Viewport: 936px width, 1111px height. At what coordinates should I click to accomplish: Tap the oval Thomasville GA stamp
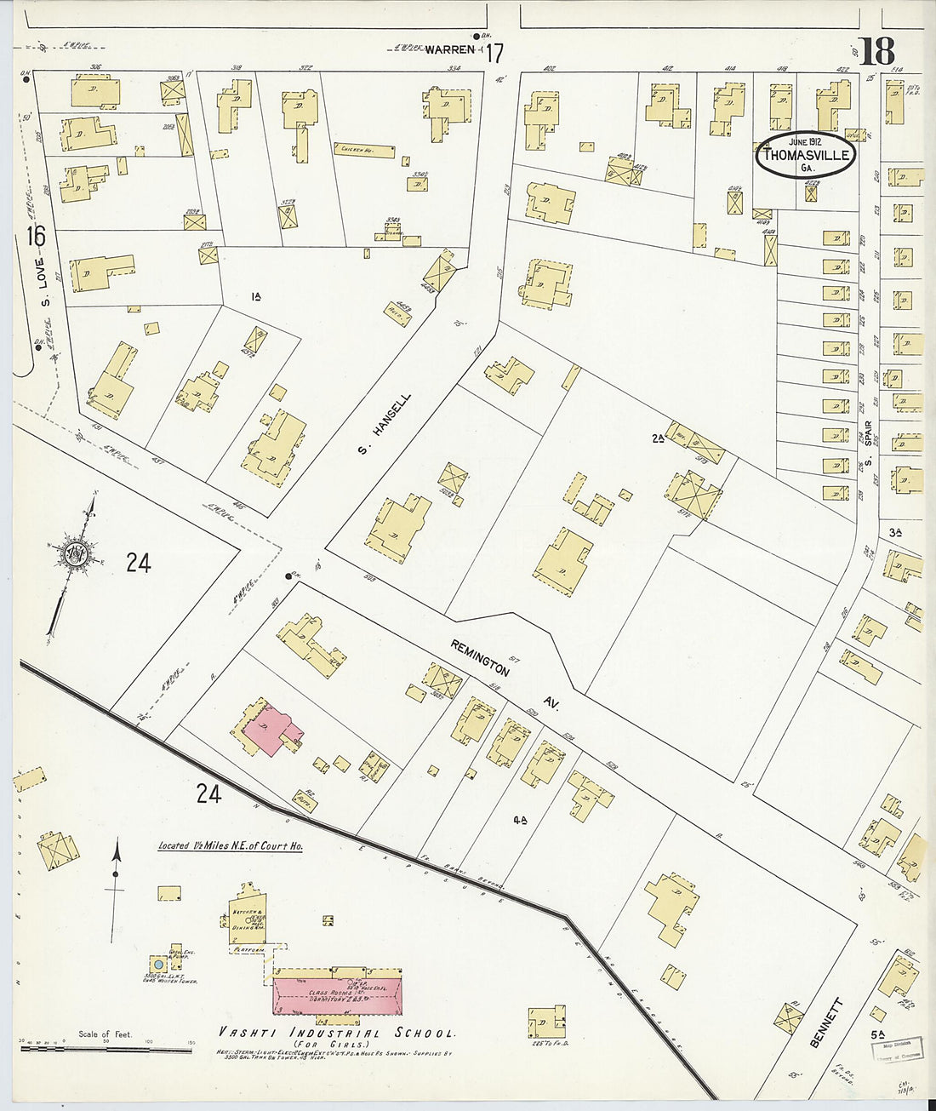[x=806, y=155]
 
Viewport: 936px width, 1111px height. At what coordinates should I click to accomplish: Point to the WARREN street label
[x=449, y=49]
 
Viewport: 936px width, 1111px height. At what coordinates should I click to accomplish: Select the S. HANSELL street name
[x=385, y=423]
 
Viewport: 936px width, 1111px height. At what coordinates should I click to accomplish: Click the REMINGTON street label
[x=481, y=659]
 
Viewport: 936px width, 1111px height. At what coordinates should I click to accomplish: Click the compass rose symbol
[x=75, y=553]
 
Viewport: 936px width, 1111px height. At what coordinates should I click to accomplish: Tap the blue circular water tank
[x=157, y=965]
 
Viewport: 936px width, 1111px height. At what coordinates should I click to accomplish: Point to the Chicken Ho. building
[x=363, y=150]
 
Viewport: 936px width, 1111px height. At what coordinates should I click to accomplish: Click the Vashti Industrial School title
[x=336, y=1033]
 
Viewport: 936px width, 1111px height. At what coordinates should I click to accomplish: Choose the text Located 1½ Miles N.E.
[x=230, y=846]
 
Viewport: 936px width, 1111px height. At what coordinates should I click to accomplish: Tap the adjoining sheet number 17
[x=494, y=54]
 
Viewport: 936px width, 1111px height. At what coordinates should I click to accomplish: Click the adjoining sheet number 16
[x=36, y=236]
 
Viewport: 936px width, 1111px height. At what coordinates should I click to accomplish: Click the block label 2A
[x=657, y=438]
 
